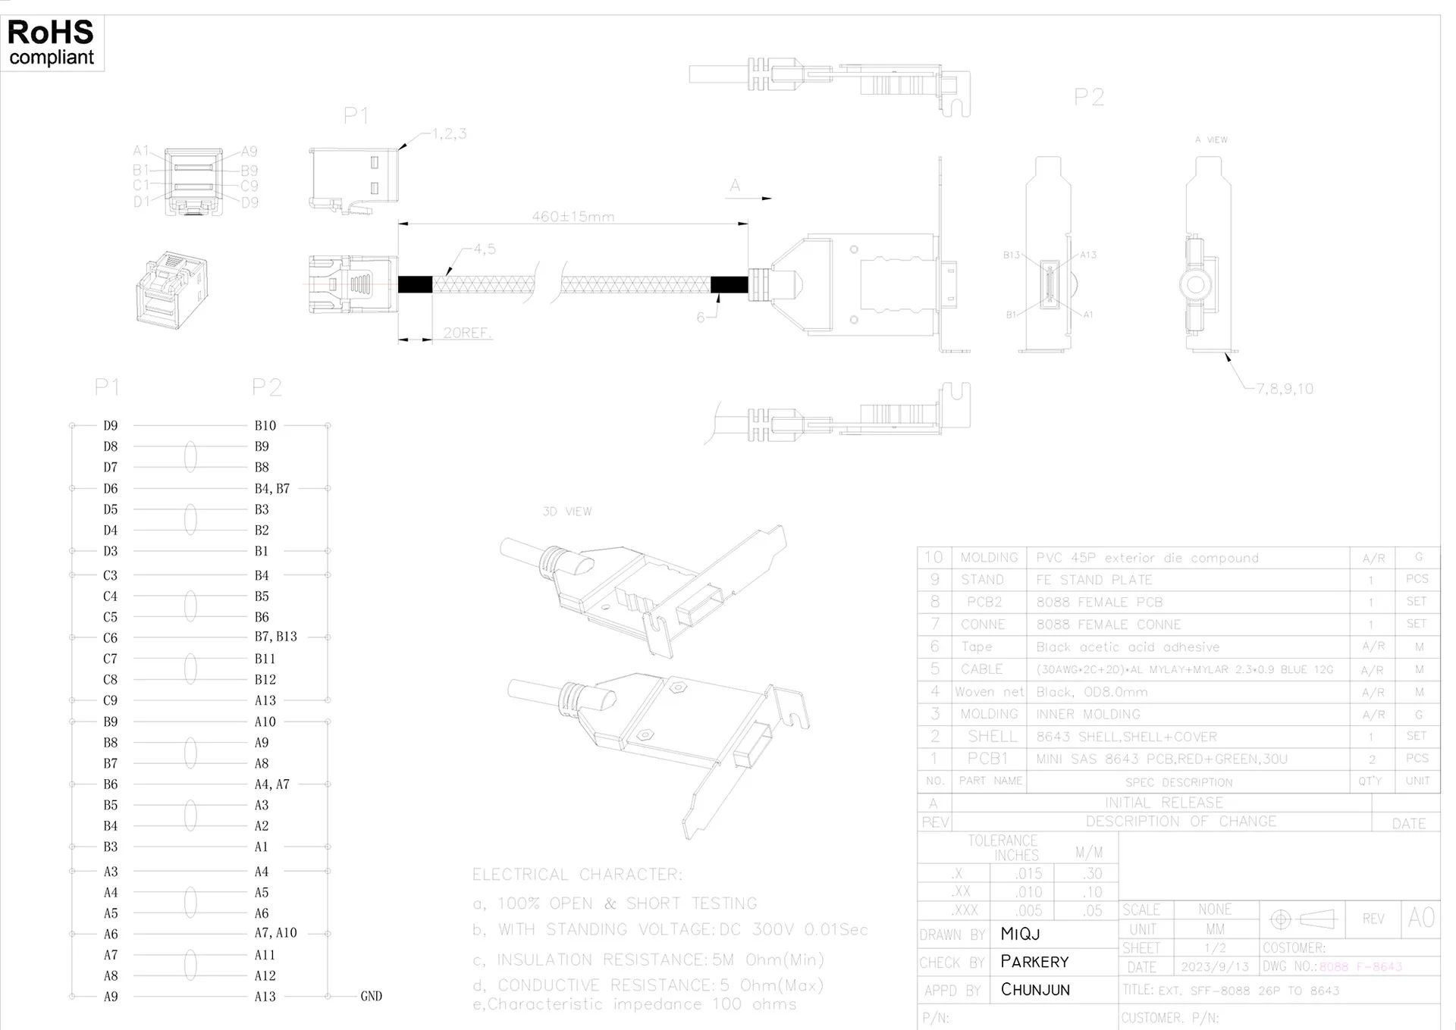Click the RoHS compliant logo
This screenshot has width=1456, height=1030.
click(x=52, y=43)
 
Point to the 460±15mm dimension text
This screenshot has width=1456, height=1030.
click(x=573, y=217)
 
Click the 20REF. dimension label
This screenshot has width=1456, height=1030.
click(x=467, y=333)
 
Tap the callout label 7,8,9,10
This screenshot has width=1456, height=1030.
click(x=1285, y=389)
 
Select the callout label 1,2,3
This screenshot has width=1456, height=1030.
click(x=449, y=134)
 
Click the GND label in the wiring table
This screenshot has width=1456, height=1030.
click(x=371, y=997)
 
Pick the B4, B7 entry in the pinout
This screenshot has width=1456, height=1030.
click(x=271, y=489)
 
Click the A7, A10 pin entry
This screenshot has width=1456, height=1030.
click(x=275, y=934)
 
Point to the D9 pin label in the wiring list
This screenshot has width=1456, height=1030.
click(x=111, y=426)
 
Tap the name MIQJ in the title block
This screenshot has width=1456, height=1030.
click(x=1020, y=935)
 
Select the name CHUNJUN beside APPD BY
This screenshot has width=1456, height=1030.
click(x=1035, y=990)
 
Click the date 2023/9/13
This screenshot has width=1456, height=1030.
click(x=1214, y=967)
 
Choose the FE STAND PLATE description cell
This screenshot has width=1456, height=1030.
click(x=1094, y=580)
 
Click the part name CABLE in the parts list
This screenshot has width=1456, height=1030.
click(x=981, y=669)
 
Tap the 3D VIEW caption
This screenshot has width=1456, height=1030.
click(x=566, y=512)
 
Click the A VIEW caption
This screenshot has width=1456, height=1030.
click(x=1210, y=140)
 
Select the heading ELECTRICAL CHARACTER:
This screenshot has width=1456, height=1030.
click(x=577, y=875)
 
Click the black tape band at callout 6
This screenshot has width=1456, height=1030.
click(x=729, y=285)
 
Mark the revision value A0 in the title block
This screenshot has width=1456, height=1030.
click(x=1420, y=919)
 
